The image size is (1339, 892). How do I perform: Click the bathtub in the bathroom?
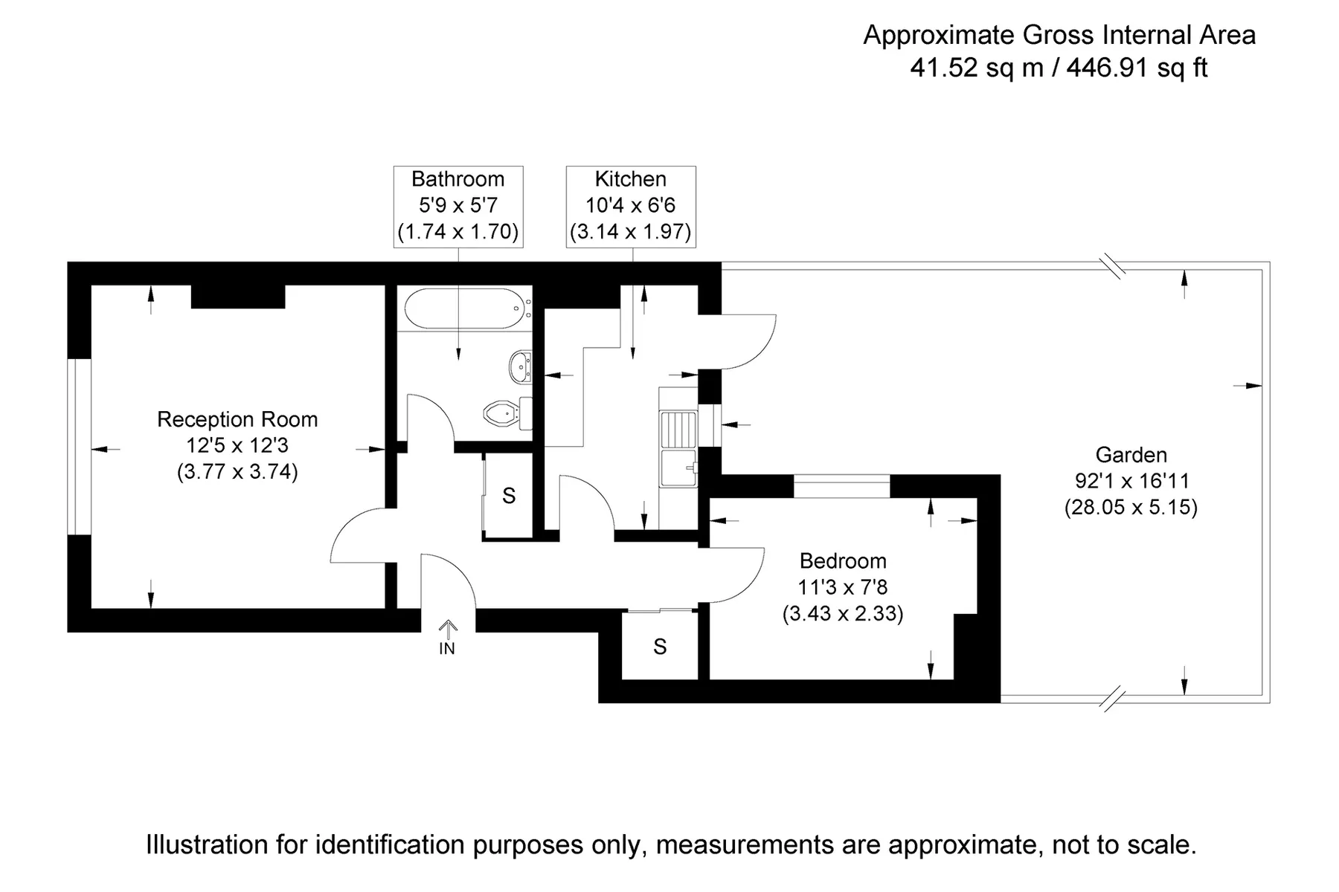click(x=466, y=308)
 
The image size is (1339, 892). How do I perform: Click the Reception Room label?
click(x=237, y=419)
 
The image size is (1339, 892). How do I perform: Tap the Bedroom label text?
click(x=843, y=560)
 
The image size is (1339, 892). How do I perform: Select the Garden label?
click(x=1131, y=454)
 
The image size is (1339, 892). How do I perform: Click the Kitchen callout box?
click(x=631, y=206)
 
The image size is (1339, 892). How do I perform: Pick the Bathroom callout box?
click(x=458, y=206)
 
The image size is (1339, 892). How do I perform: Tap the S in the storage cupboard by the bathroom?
click(x=509, y=496)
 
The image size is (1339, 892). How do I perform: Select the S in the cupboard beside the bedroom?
click(x=660, y=647)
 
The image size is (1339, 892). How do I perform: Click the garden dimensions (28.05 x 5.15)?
click(x=1131, y=508)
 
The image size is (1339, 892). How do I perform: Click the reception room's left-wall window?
click(x=79, y=447)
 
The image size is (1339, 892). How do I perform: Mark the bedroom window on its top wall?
click(x=841, y=486)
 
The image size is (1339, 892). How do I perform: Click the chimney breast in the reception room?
click(x=238, y=296)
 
